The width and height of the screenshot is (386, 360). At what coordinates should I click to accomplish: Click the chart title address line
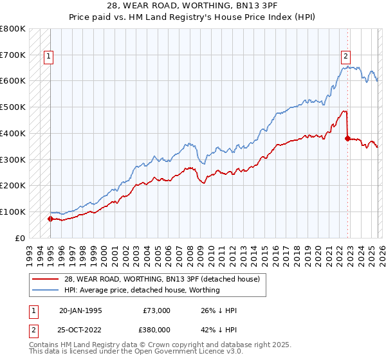click(x=193, y=6)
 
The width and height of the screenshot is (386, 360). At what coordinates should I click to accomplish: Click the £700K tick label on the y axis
click(x=13, y=55)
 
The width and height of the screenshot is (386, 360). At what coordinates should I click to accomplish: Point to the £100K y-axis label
click(x=13, y=212)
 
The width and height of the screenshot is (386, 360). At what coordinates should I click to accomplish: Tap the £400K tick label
click(x=13, y=133)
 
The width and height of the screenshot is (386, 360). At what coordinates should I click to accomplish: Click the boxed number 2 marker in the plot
click(x=346, y=56)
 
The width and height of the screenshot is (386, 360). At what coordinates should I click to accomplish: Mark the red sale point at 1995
click(x=50, y=219)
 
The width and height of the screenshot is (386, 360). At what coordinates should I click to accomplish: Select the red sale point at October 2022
click(x=348, y=138)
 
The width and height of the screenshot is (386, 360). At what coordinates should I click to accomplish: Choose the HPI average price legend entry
click(x=142, y=290)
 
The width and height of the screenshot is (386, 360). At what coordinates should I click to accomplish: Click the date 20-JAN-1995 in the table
click(x=80, y=310)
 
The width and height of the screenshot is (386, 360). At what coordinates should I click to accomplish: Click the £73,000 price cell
click(x=156, y=310)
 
